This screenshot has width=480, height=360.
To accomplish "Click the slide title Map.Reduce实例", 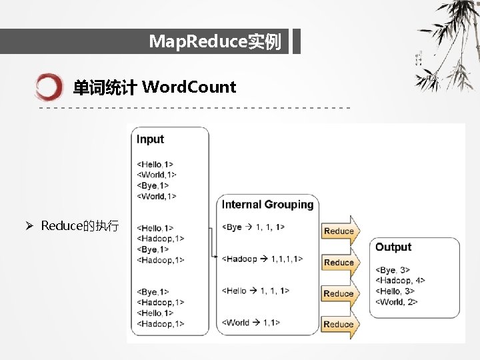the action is pyautogui.click(x=215, y=43).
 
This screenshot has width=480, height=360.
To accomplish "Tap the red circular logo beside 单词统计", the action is pyautogui.click(x=49, y=87).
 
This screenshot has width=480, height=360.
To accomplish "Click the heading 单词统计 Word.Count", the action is pyautogui.click(x=154, y=87).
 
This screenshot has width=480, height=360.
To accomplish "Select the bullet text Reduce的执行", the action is pyautogui.click(x=80, y=226).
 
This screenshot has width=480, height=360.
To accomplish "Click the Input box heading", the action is pyautogui.click(x=150, y=139).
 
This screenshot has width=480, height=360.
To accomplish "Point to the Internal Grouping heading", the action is pyautogui.click(x=267, y=205).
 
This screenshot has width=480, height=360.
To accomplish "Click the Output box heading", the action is pyautogui.click(x=393, y=247).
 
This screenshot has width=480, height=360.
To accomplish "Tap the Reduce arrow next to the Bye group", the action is pyautogui.click(x=339, y=231).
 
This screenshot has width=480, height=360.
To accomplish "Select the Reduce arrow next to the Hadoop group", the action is pyautogui.click(x=339, y=262).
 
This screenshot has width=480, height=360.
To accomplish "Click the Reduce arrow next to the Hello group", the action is pyautogui.click(x=339, y=293).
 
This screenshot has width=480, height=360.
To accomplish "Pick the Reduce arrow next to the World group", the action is pyautogui.click(x=339, y=324).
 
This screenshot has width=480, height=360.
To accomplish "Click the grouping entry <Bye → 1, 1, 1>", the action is pyautogui.click(x=253, y=227).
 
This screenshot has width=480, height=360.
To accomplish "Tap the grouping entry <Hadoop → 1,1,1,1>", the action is pyautogui.click(x=262, y=259).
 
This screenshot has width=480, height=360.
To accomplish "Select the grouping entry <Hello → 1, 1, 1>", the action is pyautogui.click(x=255, y=291).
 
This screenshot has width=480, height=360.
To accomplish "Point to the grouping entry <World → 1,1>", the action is pyautogui.click(x=251, y=323).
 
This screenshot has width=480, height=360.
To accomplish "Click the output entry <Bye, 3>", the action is pyautogui.click(x=393, y=270).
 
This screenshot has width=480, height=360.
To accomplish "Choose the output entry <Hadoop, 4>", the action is pyautogui.click(x=401, y=281).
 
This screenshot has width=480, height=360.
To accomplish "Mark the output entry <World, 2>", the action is pyautogui.click(x=397, y=302).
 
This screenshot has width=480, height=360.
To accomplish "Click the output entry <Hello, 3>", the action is pyautogui.click(x=395, y=291).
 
